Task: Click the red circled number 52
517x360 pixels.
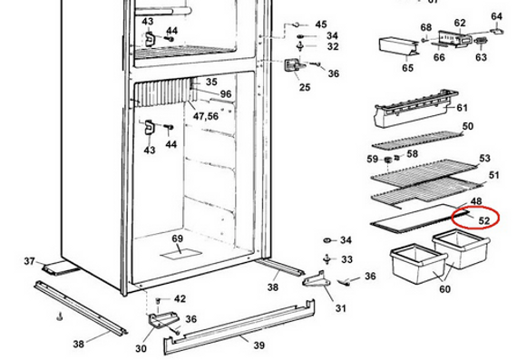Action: [x=483, y=220]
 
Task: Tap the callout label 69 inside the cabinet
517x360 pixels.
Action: [x=178, y=238]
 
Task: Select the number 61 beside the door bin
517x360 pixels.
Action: [x=462, y=108]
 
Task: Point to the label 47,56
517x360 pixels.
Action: [x=206, y=116]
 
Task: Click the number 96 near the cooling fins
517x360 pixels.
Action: [x=226, y=94]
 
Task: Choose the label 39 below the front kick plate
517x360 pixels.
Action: [x=259, y=345]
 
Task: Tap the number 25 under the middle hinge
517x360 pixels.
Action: [x=305, y=87]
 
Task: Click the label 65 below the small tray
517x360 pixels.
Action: [x=407, y=68]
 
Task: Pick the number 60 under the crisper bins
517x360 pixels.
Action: [x=444, y=289]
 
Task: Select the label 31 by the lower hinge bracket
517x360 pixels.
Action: [x=341, y=308]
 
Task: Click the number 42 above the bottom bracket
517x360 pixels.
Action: [x=180, y=298]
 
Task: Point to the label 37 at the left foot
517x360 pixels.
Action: [x=29, y=261]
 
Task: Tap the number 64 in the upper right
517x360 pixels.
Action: [x=496, y=16]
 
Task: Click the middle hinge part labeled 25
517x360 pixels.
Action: [x=293, y=64]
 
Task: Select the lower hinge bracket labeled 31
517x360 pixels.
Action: [x=316, y=279]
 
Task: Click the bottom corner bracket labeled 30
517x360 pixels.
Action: [x=162, y=320]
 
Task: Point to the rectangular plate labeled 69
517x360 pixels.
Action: [x=180, y=254]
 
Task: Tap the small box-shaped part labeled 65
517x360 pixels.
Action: [x=398, y=47]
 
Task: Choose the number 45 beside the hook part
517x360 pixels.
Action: [x=321, y=24]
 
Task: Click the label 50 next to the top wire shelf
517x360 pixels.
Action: [x=467, y=126]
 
